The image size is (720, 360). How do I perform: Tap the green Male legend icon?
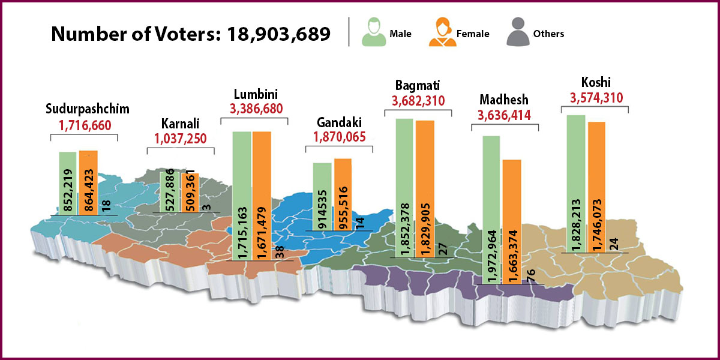coord(373,33)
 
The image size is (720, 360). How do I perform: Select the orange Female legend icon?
coord(442,33)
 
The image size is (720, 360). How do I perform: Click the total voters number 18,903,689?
coord(278,34)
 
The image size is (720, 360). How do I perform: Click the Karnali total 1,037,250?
coord(181,138)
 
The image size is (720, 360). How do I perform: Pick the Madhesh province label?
coord(505,99)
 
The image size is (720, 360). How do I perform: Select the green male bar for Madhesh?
coord(491,210)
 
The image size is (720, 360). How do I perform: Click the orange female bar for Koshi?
coord(596,186)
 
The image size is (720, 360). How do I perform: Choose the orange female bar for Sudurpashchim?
coord(88,182)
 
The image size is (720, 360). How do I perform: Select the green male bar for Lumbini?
coord(242,195)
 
